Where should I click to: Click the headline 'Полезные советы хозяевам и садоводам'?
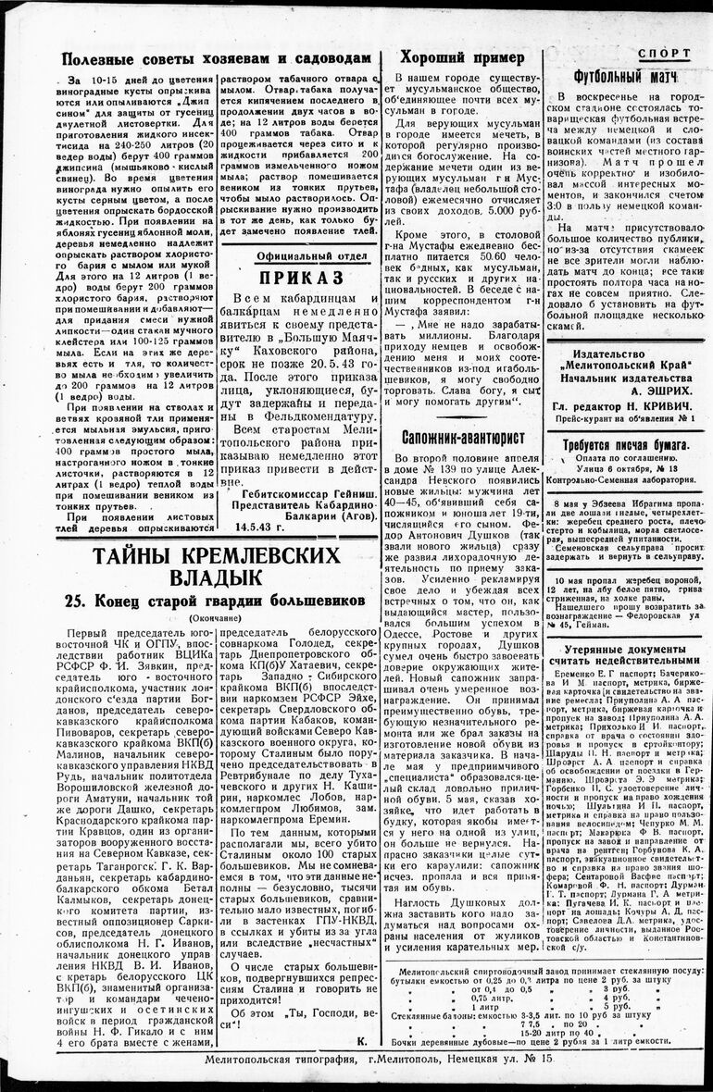click(x=217, y=58)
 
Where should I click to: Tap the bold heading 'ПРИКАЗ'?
click(x=301, y=277)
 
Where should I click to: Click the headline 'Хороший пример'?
click(x=460, y=56)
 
